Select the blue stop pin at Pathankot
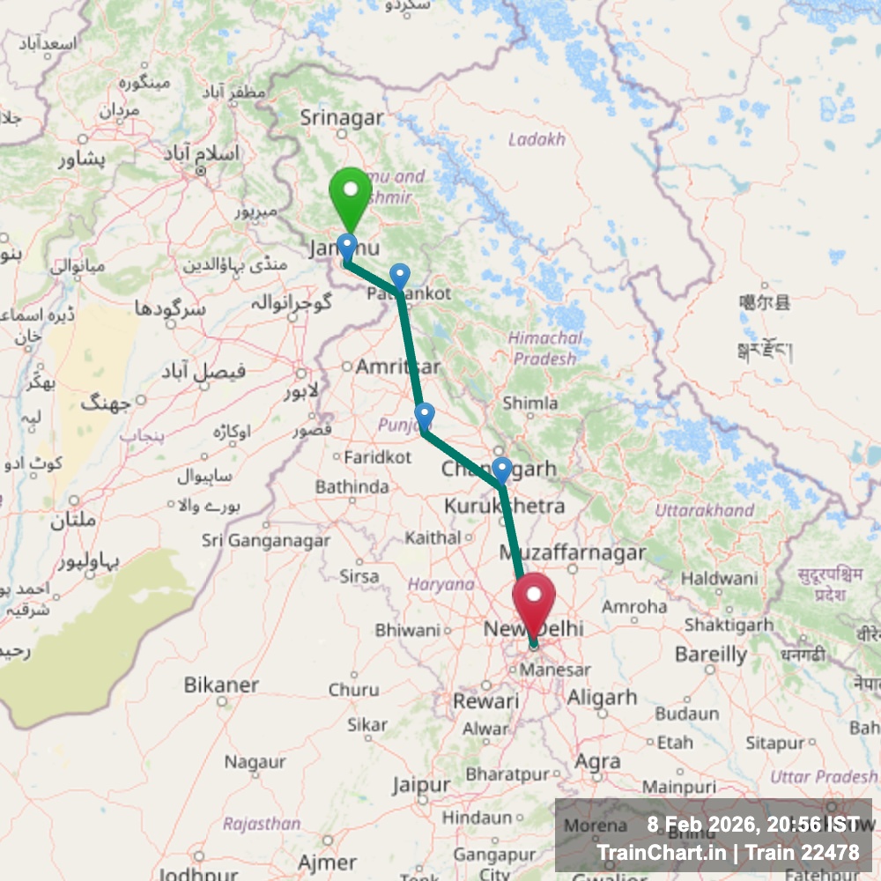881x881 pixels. tap(400, 277)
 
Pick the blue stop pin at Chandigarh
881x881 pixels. tap(501, 470)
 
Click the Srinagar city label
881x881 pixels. tap(342, 117)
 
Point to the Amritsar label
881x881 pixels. tap(397, 366)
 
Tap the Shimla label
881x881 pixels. tap(529, 403)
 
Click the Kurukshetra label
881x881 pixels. tap(504, 507)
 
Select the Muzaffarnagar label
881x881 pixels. tap(572, 553)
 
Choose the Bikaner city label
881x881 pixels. tap(221, 685)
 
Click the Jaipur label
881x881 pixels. tap(421, 784)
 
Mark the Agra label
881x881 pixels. tap(596, 761)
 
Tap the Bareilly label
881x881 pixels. tap(710, 655)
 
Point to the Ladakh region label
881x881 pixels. tap(537, 139)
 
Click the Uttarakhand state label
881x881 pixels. tap(704, 510)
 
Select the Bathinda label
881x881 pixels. tap(352, 486)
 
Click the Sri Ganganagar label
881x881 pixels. tap(266, 540)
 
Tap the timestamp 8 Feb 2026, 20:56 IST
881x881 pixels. tap(753, 825)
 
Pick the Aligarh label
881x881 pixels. tap(602, 697)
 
